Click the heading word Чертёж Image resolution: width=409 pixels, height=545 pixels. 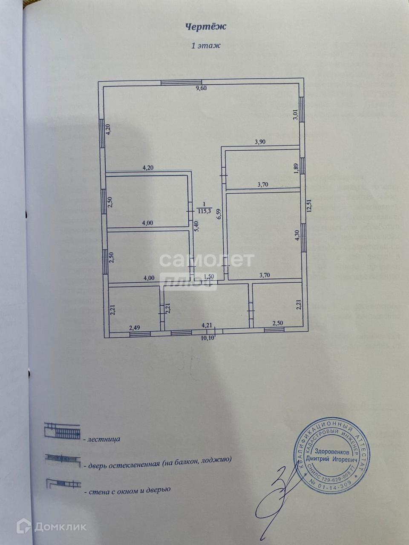pos(205,26)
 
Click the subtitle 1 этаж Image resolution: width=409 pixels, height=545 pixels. pos(205,46)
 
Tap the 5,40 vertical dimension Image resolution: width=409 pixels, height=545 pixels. pos(196,228)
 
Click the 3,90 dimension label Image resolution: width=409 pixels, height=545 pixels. pos(260,143)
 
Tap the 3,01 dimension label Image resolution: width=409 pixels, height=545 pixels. pos(295,115)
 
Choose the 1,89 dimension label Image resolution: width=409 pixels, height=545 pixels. pos(296,168)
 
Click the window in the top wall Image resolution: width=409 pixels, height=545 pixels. pos(181,83)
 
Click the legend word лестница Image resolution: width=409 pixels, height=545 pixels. pos(102,438)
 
